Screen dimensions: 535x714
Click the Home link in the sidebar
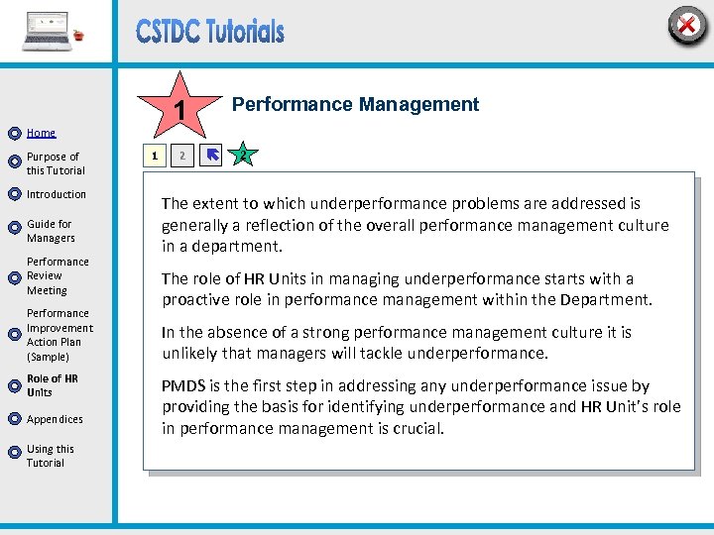[x=41, y=133]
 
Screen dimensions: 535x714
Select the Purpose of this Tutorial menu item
[x=55, y=163]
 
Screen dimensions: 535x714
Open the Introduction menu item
[x=57, y=194]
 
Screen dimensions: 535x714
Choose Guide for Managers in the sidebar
[x=51, y=231]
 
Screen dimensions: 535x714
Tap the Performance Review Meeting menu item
[x=58, y=276]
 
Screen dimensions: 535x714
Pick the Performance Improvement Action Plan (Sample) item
[x=59, y=335]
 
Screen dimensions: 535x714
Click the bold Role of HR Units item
[x=53, y=385]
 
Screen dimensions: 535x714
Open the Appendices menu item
[x=55, y=419]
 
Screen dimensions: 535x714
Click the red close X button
[x=685, y=25]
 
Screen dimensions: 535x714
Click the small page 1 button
[x=153, y=156]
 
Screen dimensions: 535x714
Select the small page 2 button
[x=181, y=156]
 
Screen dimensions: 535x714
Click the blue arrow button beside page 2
[x=211, y=156]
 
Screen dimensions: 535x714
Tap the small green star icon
[x=241, y=155]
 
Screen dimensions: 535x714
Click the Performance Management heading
[x=355, y=105]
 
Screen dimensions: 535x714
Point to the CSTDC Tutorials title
[x=210, y=32]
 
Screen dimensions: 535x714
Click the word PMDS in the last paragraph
[x=183, y=385]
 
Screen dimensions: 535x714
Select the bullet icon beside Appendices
[x=14, y=419]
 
